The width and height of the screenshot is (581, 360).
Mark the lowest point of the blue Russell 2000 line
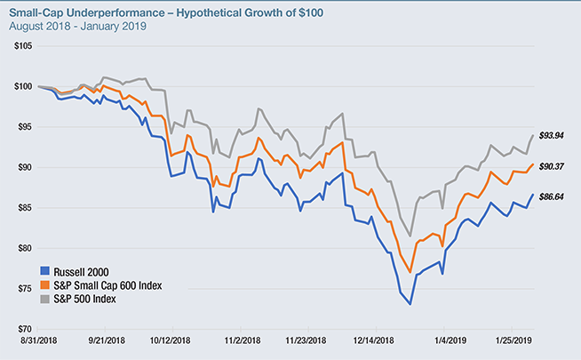[x=410, y=304]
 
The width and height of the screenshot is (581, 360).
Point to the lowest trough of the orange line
[x=410, y=272]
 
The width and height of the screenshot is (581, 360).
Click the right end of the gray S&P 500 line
[x=533, y=135]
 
